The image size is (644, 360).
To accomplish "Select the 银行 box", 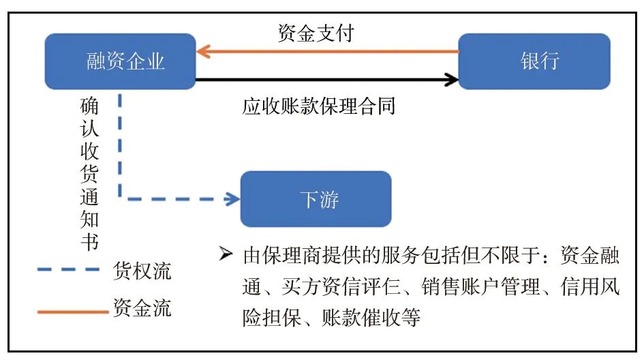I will pyautogui.click(x=534, y=61).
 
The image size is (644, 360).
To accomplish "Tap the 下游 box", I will pyautogui.click(x=316, y=199).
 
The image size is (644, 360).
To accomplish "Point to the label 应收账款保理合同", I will pyautogui.click(x=319, y=106).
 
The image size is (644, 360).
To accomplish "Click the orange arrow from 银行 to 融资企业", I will pyautogui.click(x=327, y=51).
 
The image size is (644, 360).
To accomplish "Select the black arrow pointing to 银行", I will pyautogui.click(x=327, y=80).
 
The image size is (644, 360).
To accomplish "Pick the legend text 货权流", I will pyautogui.click(x=141, y=271).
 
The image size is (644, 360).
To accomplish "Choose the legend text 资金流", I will pyautogui.click(x=141, y=308).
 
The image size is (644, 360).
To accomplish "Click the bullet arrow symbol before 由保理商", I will pyautogui.click(x=226, y=256).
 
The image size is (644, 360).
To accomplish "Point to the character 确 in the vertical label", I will pyautogui.click(x=89, y=108).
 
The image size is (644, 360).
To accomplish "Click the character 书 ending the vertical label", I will pyautogui.click(x=89, y=243).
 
